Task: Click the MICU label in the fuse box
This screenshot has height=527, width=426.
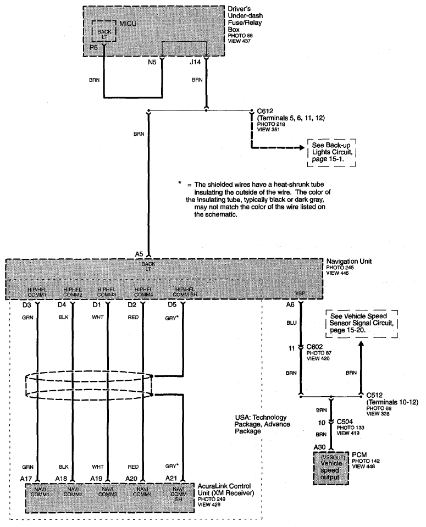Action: (x=128, y=24)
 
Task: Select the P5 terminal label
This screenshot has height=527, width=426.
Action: (x=93, y=47)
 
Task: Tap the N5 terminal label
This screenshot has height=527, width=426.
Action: (x=152, y=62)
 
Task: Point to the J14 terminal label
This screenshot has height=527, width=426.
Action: (x=195, y=62)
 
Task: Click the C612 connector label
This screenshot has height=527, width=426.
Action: (x=265, y=111)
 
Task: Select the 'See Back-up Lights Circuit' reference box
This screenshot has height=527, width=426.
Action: (x=331, y=152)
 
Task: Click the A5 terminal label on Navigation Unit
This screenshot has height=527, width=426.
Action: (x=139, y=254)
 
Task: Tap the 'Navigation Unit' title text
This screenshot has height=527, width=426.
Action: (x=349, y=261)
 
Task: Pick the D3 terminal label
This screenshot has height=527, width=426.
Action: (x=27, y=305)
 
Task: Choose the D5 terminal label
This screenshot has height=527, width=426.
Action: (x=172, y=305)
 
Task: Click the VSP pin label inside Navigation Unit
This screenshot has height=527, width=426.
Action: (x=300, y=293)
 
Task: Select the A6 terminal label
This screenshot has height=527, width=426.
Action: (x=290, y=305)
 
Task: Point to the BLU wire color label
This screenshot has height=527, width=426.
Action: (x=291, y=323)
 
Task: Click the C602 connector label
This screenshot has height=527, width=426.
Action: (x=314, y=347)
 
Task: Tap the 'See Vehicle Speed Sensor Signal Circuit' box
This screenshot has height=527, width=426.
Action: (x=362, y=323)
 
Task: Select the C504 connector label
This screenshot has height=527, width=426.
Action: (x=345, y=421)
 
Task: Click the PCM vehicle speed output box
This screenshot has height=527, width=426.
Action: (x=331, y=468)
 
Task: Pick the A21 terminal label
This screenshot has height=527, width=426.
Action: (x=171, y=479)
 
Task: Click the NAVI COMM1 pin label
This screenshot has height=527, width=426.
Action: (x=40, y=492)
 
